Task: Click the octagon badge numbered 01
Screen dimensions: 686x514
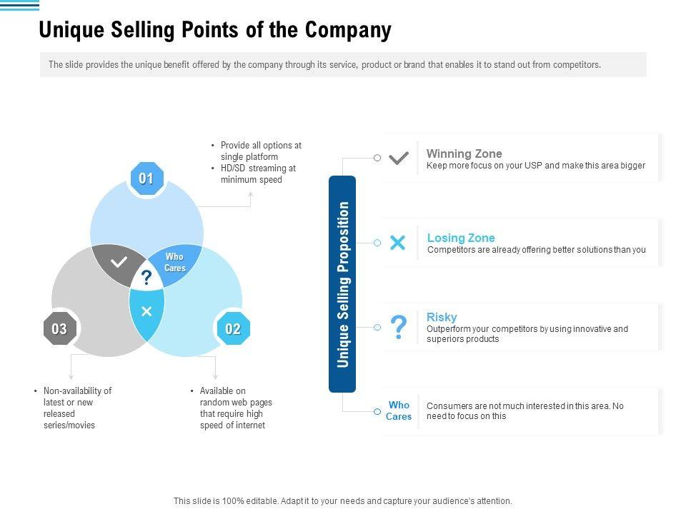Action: pyautogui.click(x=146, y=178)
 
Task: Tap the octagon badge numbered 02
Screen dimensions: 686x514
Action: pyautogui.click(x=233, y=329)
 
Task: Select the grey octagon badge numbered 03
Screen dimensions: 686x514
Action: pyautogui.click(x=59, y=329)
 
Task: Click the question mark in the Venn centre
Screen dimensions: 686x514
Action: pyautogui.click(x=146, y=278)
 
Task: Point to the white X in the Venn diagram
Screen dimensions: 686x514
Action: pyautogui.click(x=146, y=311)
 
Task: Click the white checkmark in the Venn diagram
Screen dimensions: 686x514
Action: pyautogui.click(x=119, y=262)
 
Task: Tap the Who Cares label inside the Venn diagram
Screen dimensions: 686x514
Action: pyautogui.click(x=174, y=262)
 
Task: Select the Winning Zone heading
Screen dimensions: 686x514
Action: pyautogui.click(x=464, y=153)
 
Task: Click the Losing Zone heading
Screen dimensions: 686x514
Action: pyautogui.click(x=461, y=238)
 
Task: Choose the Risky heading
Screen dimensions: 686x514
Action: pyautogui.click(x=442, y=317)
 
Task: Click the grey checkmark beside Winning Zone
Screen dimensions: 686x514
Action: pyautogui.click(x=399, y=158)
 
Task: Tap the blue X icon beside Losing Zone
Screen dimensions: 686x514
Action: pyautogui.click(x=398, y=243)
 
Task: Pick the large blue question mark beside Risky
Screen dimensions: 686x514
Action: pyautogui.click(x=399, y=327)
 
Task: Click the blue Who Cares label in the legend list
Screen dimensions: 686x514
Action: pyautogui.click(x=399, y=410)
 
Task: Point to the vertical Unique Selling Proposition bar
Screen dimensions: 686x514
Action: pyautogui.click(x=342, y=284)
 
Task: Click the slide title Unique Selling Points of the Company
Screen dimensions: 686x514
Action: pyautogui.click(x=215, y=31)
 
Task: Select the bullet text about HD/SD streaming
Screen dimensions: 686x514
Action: pyautogui.click(x=258, y=173)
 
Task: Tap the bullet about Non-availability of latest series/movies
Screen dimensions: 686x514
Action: pyautogui.click(x=77, y=408)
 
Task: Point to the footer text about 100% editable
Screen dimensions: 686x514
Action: pyautogui.click(x=343, y=501)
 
